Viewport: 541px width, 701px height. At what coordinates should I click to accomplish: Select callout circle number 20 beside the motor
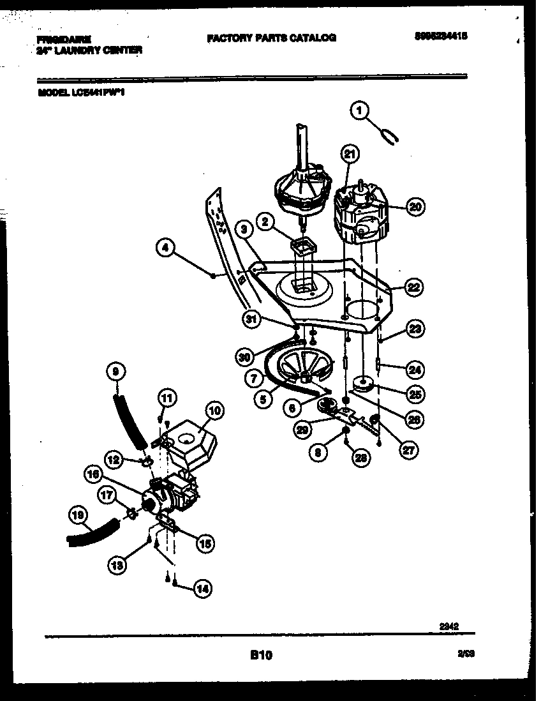tap(415, 206)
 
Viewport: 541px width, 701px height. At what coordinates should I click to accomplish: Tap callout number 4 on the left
tap(166, 248)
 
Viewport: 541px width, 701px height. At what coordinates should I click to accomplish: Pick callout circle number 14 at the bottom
tap(202, 589)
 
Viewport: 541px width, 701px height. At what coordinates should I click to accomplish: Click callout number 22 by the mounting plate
tap(414, 288)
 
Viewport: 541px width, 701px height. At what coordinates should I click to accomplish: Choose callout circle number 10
tap(214, 411)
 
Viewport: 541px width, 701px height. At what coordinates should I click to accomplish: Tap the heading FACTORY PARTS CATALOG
tap(271, 38)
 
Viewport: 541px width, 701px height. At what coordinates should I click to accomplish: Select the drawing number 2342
tap(450, 627)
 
